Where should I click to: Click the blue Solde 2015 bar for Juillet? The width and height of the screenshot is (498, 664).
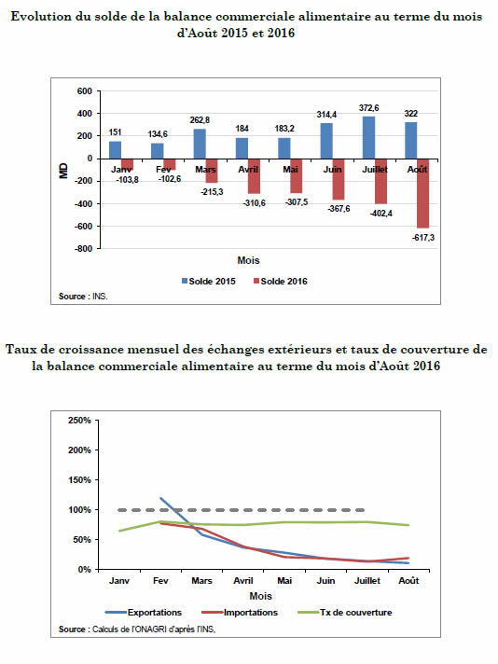coord(368,138)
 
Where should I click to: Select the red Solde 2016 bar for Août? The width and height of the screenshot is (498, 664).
coord(422,194)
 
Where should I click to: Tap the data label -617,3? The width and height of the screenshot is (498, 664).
coord(423,238)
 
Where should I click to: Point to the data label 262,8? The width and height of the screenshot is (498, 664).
coord(200,120)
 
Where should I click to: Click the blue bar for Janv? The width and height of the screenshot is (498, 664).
coord(116,150)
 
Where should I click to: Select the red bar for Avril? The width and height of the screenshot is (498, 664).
coord(254,176)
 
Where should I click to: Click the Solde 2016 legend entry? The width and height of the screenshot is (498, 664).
coord(281,282)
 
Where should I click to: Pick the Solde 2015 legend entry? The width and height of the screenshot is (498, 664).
coord(208,282)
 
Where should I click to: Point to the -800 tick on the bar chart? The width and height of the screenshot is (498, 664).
coord(83,249)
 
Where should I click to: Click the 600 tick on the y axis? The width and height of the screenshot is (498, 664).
coord(85,91)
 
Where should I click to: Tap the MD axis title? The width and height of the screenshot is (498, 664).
coord(64,171)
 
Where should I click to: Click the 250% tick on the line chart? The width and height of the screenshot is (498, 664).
coord(79,421)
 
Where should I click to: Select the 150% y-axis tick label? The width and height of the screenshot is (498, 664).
coord(79,480)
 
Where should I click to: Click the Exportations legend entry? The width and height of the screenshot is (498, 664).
coord(143,613)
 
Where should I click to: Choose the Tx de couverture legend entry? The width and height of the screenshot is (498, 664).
coord(345,613)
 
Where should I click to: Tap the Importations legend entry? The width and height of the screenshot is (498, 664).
coord(240,613)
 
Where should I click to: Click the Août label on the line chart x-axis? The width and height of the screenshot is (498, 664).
coord(408,581)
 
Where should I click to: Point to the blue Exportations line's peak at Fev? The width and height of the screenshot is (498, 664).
coord(161,498)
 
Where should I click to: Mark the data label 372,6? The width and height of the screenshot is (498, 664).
coord(369,108)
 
